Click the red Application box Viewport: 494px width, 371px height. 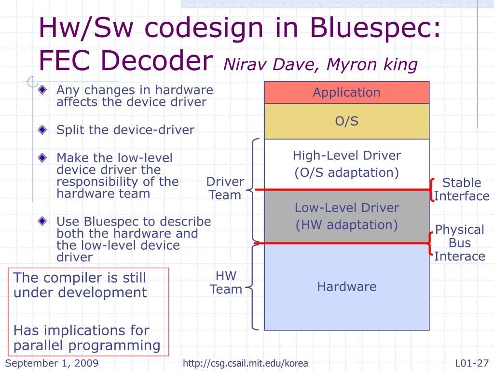(346, 92)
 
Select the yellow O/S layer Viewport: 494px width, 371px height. (346, 121)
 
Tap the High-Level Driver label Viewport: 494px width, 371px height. (346, 156)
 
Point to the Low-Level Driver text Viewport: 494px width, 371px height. (346, 208)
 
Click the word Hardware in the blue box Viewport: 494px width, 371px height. (346, 286)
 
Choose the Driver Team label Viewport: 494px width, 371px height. (225, 188)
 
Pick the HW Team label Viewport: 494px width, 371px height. (226, 283)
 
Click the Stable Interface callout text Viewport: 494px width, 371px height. (462, 189)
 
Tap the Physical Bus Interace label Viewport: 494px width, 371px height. (459, 243)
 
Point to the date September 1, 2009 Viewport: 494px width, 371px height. (52, 363)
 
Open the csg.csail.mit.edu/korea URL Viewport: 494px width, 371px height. (246, 363)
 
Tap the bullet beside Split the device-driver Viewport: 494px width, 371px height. (43, 129)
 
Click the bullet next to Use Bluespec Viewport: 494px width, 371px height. (43, 221)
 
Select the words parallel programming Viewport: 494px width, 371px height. (87, 345)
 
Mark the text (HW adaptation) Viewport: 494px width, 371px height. (346, 225)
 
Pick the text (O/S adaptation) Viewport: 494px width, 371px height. (346, 172)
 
